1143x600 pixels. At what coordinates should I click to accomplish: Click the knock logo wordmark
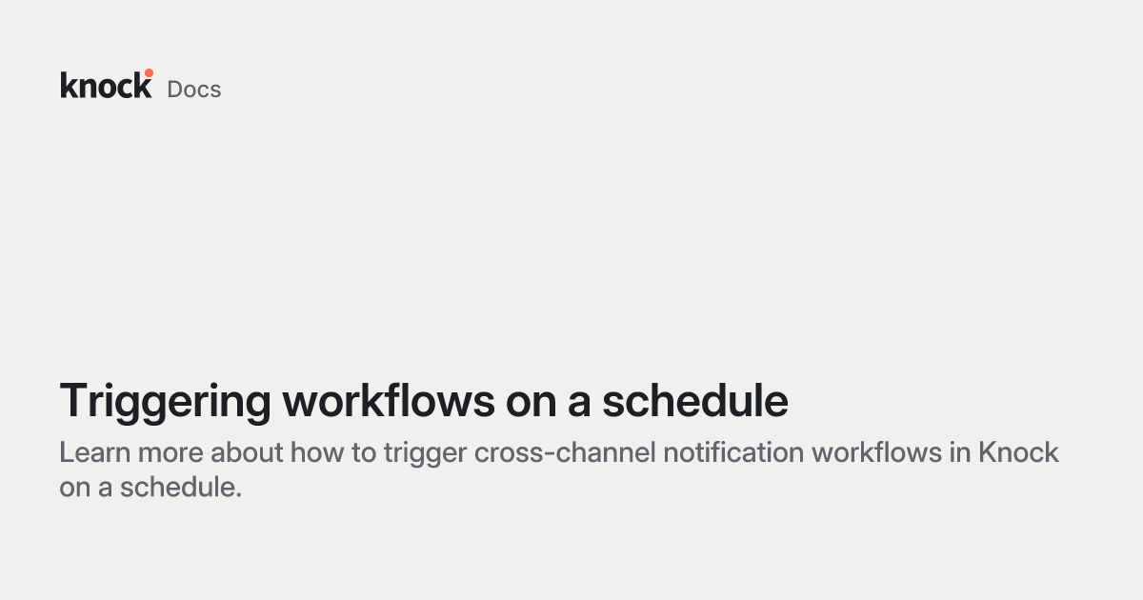pyautogui.click(x=106, y=84)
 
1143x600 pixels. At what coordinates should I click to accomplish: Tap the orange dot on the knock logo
pyautogui.click(x=149, y=73)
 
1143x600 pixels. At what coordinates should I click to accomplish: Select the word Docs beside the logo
pyautogui.click(x=194, y=90)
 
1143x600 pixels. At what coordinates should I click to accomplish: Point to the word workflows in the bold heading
pyautogui.click(x=389, y=401)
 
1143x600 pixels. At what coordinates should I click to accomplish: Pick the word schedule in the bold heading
pyautogui.click(x=695, y=401)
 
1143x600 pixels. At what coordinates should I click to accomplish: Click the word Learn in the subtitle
pyautogui.click(x=95, y=452)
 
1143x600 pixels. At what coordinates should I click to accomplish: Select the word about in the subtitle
pyautogui.click(x=247, y=452)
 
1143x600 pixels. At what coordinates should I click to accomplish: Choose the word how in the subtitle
pyautogui.click(x=317, y=452)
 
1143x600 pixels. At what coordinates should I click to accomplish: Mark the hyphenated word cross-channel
pyautogui.click(x=565, y=452)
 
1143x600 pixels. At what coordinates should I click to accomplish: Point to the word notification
pyautogui.click(x=733, y=452)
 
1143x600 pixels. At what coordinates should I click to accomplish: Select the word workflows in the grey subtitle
pyautogui.click(x=876, y=452)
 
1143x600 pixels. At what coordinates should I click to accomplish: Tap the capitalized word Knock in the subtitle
pyautogui.click(x=1018, y=452)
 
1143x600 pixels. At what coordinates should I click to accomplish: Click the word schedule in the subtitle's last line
pyautogui.click(x=181, y=488)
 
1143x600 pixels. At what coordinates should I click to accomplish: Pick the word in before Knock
pyautogui.click(x=960, y=452)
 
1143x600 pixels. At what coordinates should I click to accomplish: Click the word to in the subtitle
pyautogui.click(x=364, y=453)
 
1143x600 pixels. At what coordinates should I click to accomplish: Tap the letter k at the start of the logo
pyautogui.click(x=69, y=85)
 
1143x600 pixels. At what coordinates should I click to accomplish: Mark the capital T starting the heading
pyautogui.click(x=75, y=401)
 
